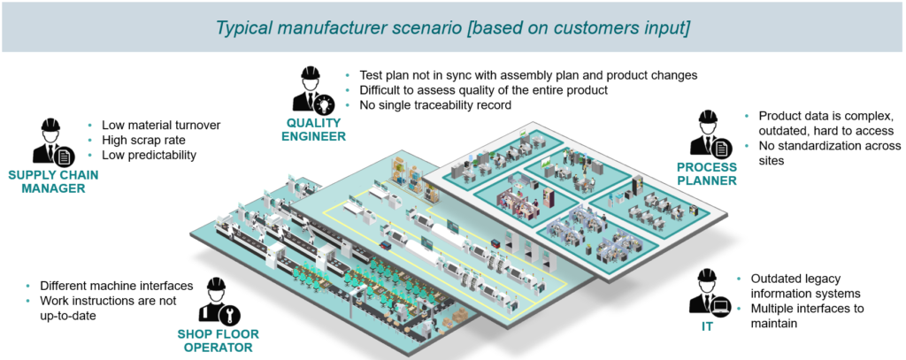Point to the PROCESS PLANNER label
coord(707,174)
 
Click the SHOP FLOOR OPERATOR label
coord(218,341)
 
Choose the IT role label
coord(707,326)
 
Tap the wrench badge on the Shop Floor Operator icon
coord(229,313)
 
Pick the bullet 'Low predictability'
coord(149,156)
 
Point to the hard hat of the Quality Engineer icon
coord(311,73)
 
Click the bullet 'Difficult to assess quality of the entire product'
coord(483,91)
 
